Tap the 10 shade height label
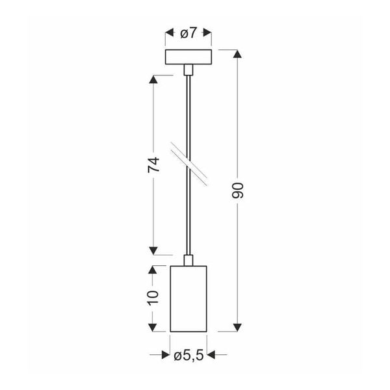[x=153, y=297]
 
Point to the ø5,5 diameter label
[x=188, y=355]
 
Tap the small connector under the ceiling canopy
[x=188, y=70]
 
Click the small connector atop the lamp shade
[x=188, y=260]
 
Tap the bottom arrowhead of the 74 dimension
[x=153, y=250]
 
